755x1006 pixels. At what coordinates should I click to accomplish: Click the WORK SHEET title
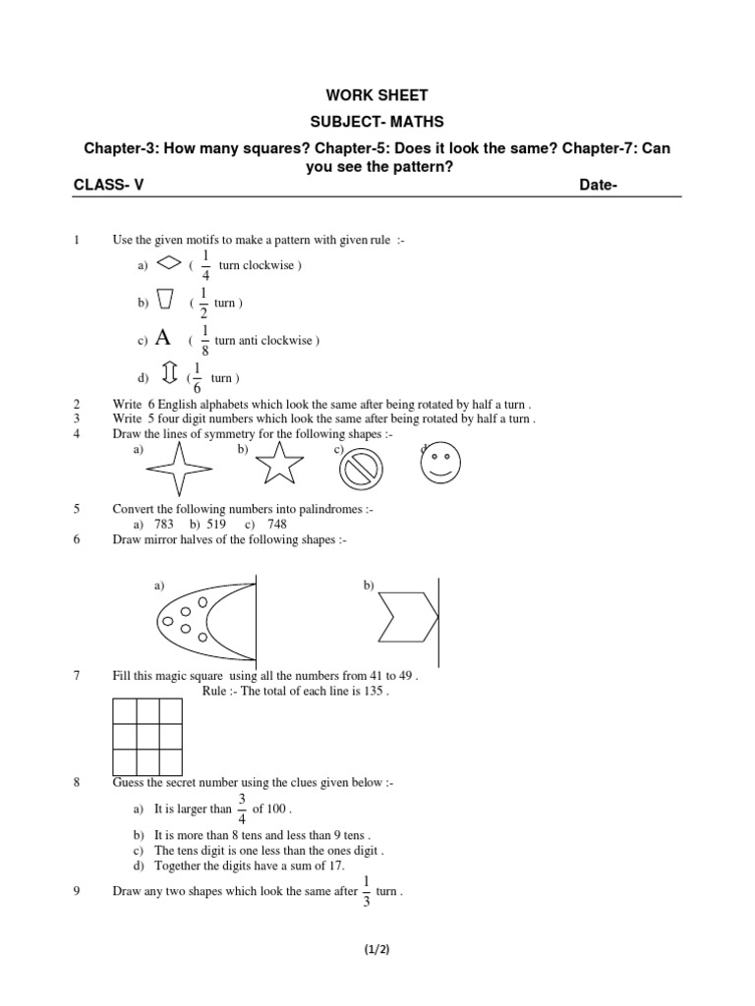377,95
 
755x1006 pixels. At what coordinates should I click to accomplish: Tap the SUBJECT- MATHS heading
377,122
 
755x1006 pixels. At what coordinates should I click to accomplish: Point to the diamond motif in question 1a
169,264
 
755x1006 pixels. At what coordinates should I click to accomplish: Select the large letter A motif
163,339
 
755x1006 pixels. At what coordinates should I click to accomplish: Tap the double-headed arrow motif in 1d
168,376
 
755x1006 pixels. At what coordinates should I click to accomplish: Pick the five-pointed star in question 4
280,462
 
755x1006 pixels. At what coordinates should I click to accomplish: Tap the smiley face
440,465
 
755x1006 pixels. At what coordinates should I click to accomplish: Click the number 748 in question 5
276,525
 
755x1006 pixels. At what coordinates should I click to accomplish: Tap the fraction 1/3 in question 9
366,892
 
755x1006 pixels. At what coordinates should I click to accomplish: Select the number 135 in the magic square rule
373,692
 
